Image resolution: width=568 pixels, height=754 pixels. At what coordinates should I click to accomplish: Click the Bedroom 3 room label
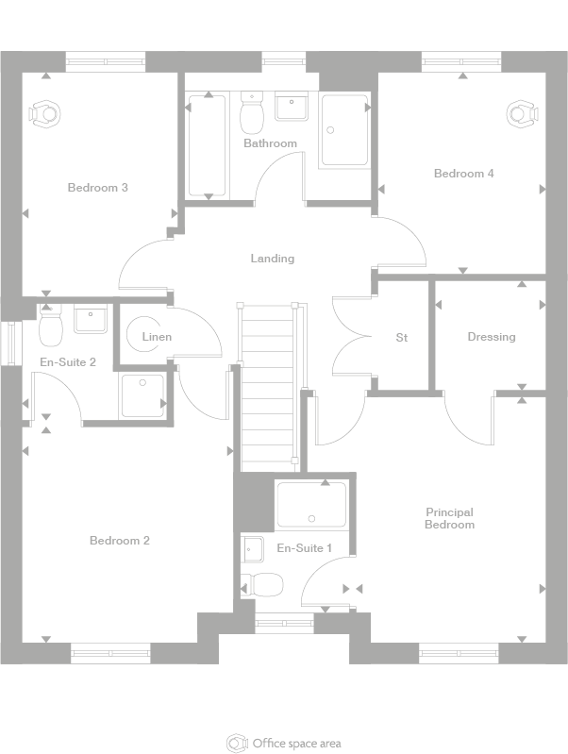(x=97, y=188)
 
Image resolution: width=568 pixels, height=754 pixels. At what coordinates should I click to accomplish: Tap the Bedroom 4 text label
(x=463, y=174)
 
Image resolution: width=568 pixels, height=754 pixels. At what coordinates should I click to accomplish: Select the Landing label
(x=272, y=259)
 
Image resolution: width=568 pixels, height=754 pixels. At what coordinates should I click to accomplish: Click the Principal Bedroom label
(x=449, y=518)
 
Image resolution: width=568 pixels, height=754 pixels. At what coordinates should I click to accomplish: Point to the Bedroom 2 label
(x=120, y=541)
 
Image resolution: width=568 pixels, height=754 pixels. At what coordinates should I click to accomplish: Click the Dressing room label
(x=491, y=337)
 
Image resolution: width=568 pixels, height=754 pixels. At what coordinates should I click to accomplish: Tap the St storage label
(x=401, y=337)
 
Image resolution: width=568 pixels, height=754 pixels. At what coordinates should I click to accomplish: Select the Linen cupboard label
(x=157, y=337)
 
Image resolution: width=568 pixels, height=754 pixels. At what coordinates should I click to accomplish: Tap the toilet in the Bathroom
(x=252, y=115)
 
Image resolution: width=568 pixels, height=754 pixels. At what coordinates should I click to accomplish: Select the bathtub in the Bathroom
(x=208, y=146)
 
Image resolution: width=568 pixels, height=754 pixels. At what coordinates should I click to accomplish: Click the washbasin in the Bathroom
(x=291, y=107)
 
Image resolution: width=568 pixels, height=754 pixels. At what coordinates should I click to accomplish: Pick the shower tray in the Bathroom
(x=346, y=130)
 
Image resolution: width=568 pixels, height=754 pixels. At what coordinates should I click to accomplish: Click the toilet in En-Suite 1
(x=262, y=585)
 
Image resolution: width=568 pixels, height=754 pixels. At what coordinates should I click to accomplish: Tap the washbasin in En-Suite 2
(x=92, y=321)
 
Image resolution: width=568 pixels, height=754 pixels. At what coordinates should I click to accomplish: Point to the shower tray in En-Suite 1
(x=310, y=505)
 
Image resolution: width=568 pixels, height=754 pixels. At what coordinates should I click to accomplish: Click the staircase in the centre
(x=270, y=387)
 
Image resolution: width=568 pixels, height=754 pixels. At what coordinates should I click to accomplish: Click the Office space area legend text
(x=296, y=743)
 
